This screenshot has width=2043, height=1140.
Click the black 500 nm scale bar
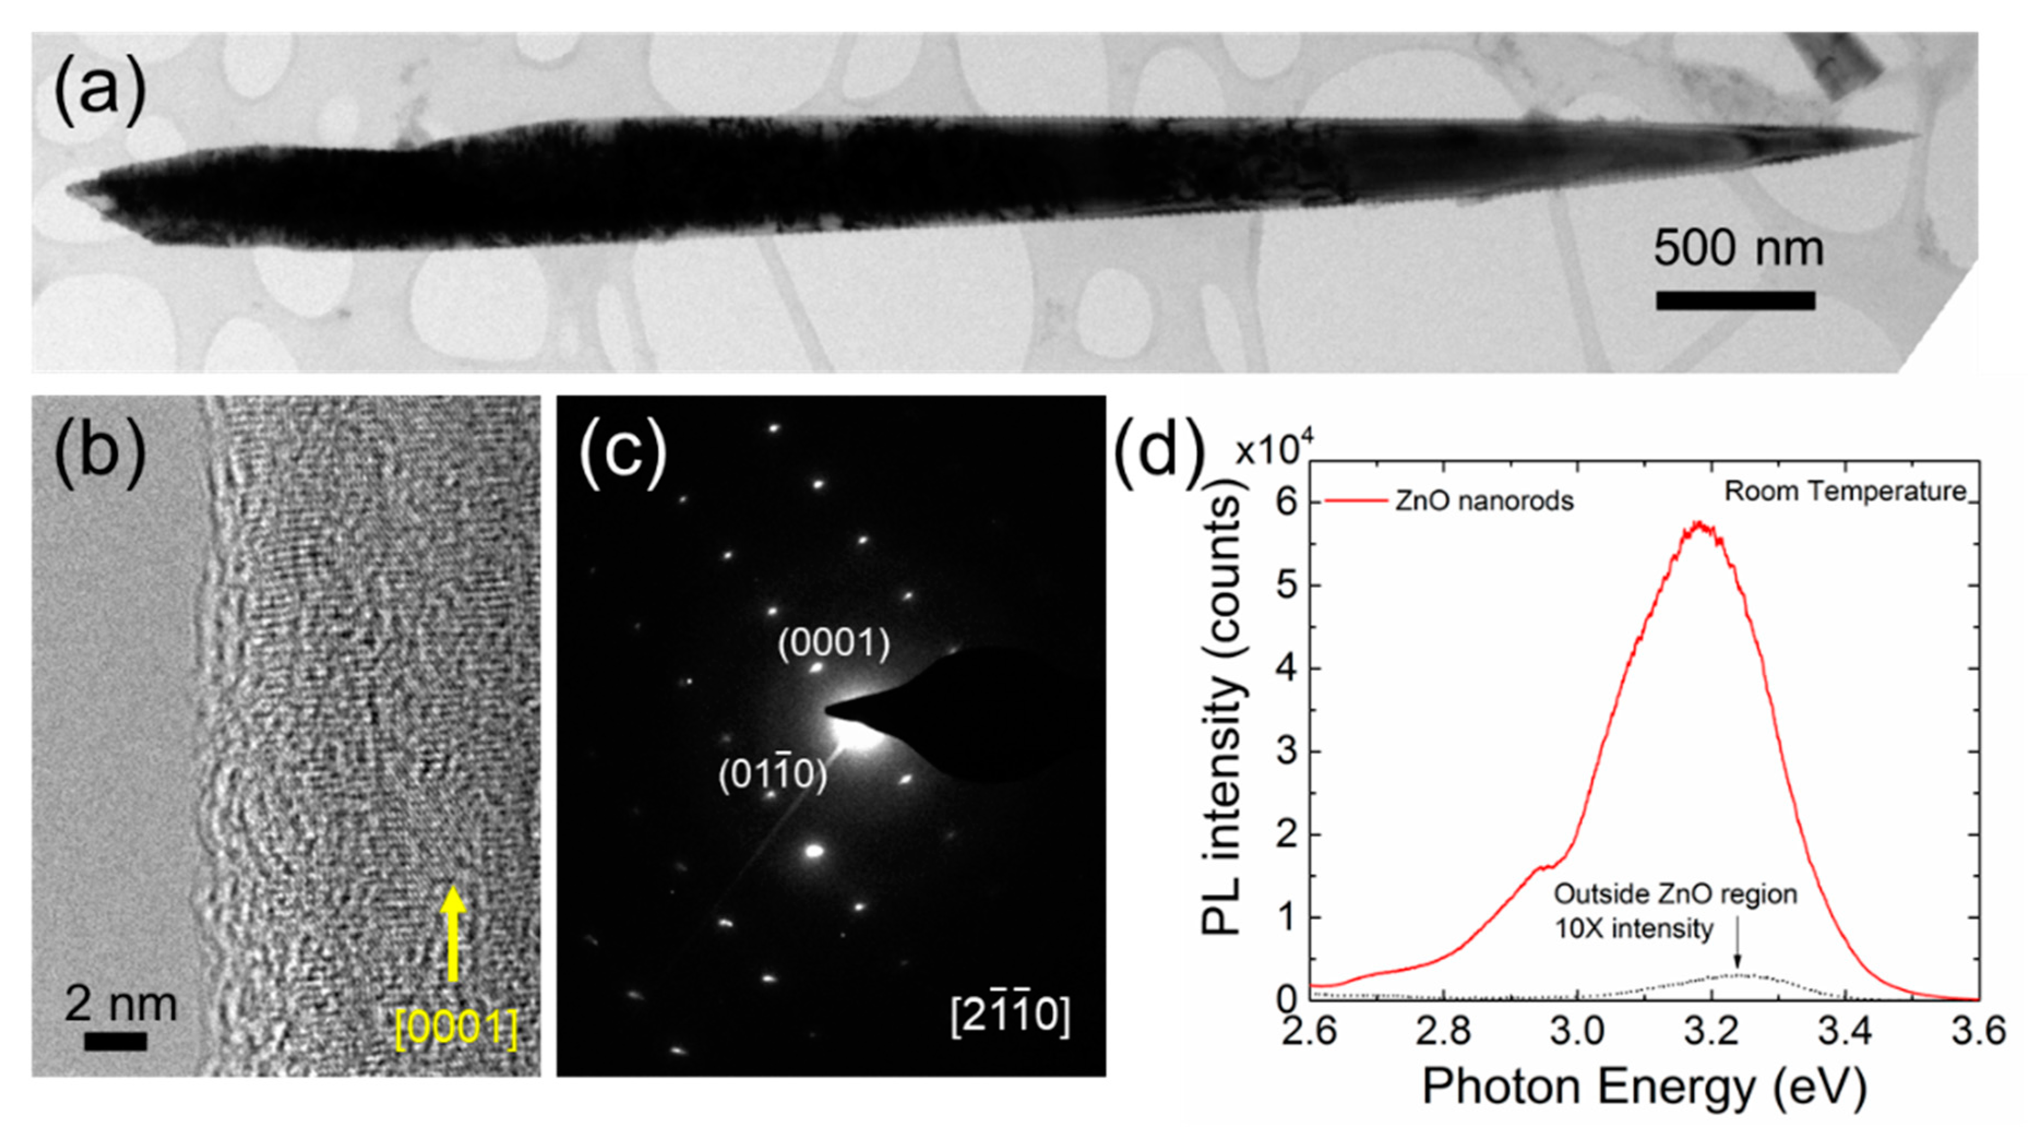click(1735, 301)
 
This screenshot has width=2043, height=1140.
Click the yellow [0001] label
click(457, 1029)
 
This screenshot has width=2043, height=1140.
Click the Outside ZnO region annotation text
click(1674, 894)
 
